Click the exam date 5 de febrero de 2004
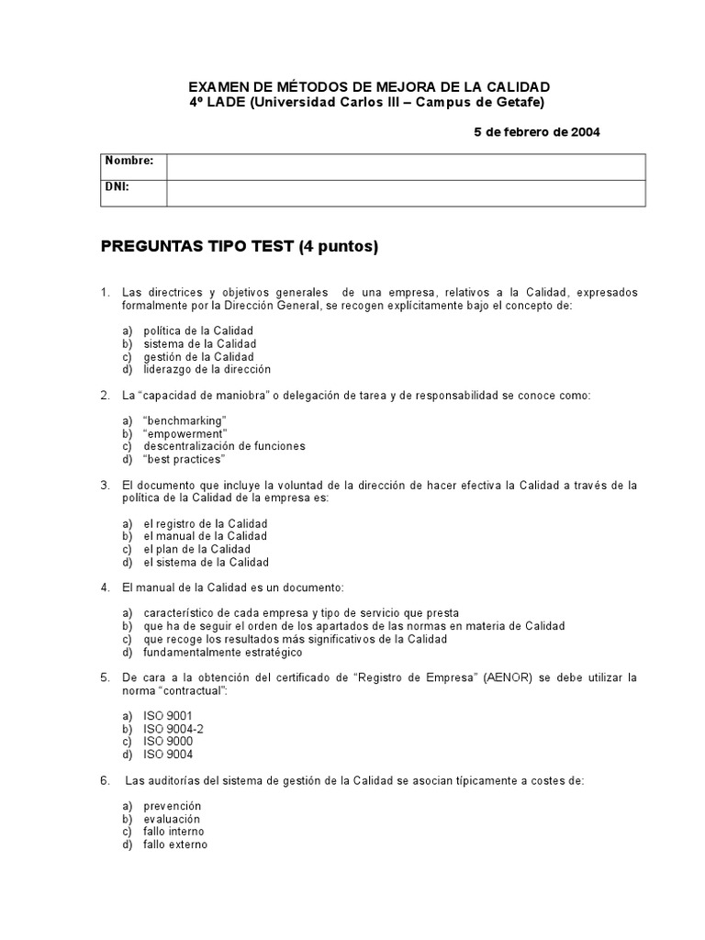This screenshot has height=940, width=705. point(536,132)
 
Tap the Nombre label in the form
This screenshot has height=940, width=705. point(129,161)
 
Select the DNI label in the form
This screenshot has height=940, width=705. point(117,186)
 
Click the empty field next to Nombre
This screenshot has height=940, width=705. point(405,166)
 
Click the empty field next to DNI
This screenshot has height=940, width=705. point(405,193)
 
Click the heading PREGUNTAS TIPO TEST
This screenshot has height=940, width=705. point(239,247)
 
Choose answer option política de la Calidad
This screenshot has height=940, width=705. point(197,330)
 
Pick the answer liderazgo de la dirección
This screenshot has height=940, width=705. point(207,369)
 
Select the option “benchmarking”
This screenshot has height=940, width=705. point(185,420)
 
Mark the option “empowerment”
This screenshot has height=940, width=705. point(185,433)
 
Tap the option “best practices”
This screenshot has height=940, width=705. point(184,459)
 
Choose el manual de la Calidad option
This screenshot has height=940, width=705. point(205,536)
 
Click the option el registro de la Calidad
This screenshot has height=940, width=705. point(205,523)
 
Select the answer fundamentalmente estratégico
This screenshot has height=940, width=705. point(222,652)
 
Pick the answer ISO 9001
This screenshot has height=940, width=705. point(168,716)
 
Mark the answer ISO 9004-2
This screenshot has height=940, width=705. point(173,729)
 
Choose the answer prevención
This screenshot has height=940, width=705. point(172,806)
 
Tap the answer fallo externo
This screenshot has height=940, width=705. point(175,845)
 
